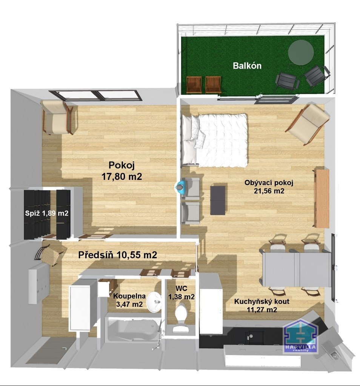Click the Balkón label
coord(247,66)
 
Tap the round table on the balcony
coord(301,52)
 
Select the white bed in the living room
coord(214,140)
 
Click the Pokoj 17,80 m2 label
coord(122,171)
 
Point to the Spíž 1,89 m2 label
coord(46,213)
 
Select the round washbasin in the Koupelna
coord(154,302)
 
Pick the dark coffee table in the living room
coord(218,200)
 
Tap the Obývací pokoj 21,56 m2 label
coord(269,187)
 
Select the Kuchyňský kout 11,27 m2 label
coord(262,305)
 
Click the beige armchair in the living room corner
coord(308,124)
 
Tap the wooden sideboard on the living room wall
coord(322,198)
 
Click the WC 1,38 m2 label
coord(182,293)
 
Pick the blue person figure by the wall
coord(180,187)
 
